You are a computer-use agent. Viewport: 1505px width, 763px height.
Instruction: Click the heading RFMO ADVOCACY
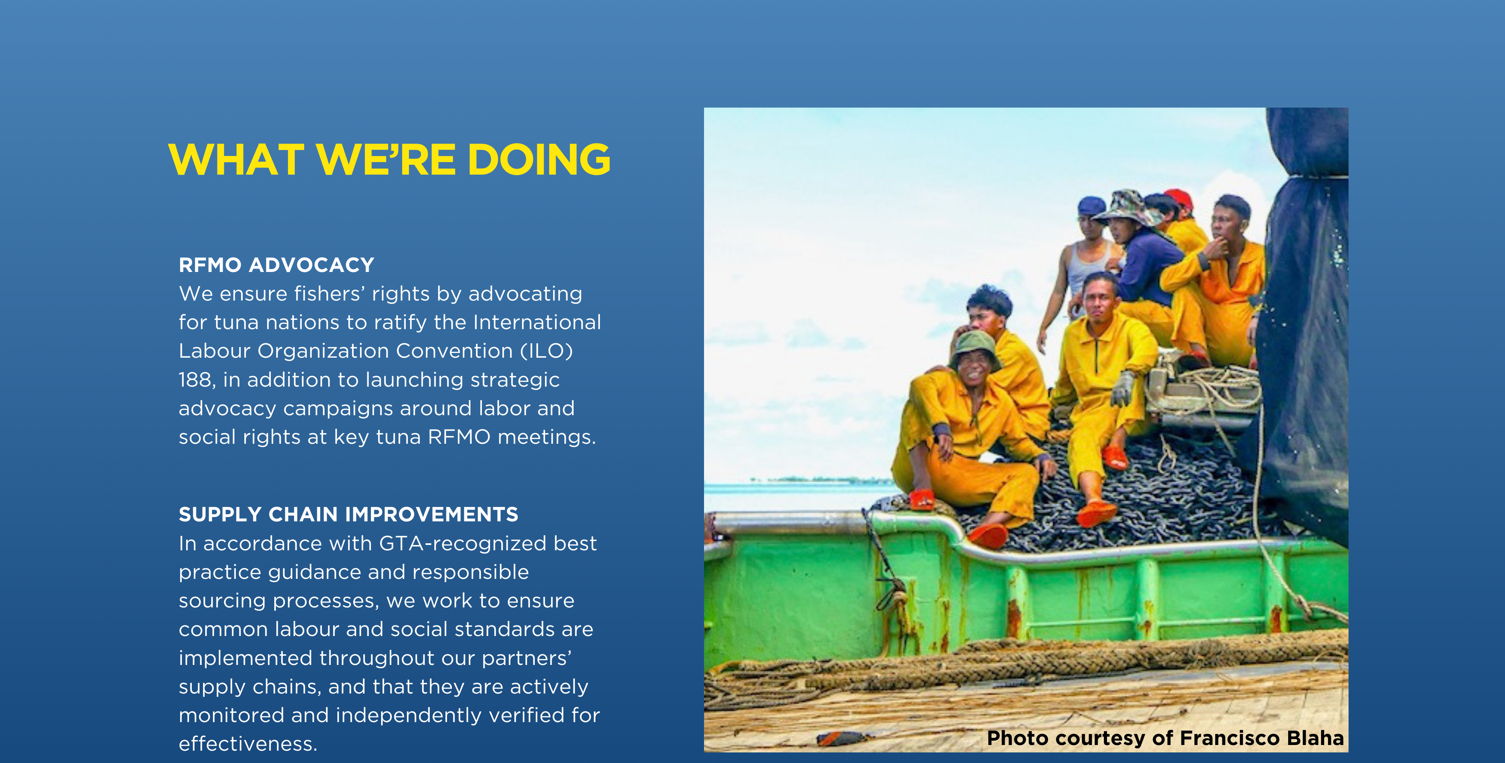pos(276,265)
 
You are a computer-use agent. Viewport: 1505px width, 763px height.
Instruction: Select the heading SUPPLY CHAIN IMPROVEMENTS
pos(348,515)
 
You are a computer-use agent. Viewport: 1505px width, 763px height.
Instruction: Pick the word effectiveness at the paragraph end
pos(248,744)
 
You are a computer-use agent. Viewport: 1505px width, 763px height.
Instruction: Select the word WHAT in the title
pos(236,159)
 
